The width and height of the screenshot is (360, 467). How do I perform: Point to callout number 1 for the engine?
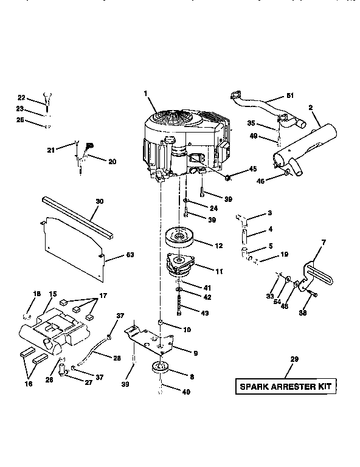coord(146,92)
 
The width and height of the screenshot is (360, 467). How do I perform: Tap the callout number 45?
coord(253,168)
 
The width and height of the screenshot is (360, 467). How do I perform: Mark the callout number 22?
coord(21,98)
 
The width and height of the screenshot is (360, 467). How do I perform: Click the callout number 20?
coord(112,162)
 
